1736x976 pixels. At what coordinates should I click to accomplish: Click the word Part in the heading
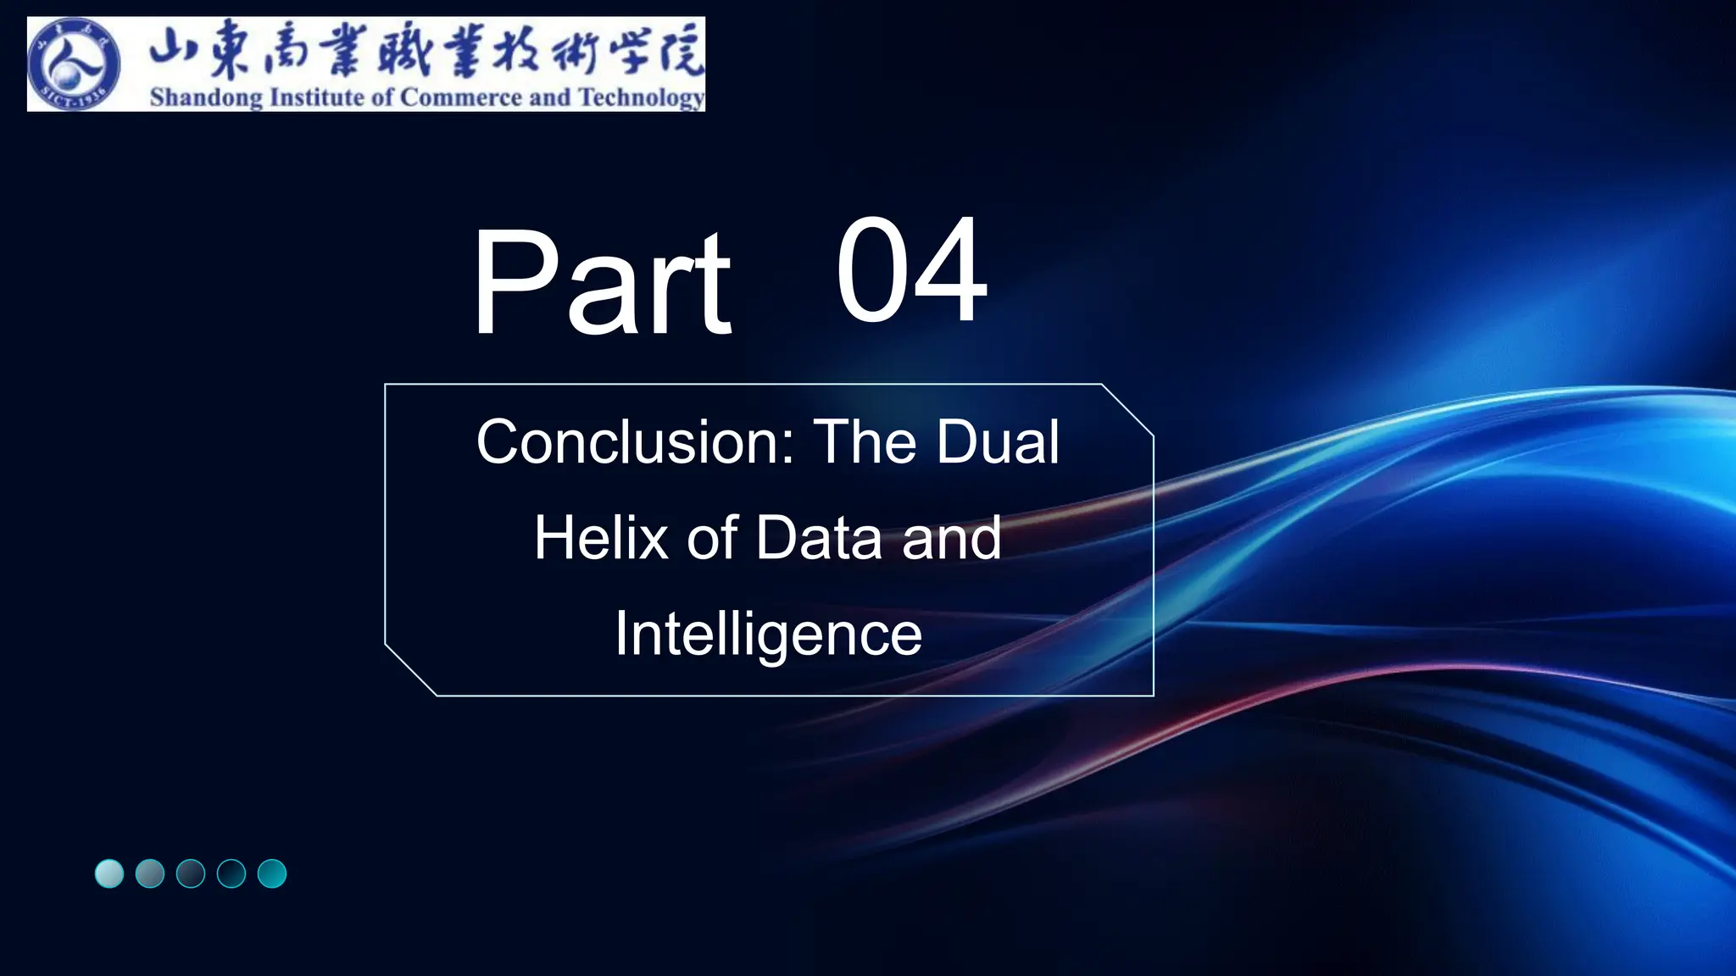tap(601, 283)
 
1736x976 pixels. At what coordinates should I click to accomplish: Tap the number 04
tap(911, 270)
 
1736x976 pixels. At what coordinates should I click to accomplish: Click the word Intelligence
tap(768, 634)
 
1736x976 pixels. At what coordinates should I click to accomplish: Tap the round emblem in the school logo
tap(73, 64)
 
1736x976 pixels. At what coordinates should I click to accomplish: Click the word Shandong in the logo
tap(206, 97)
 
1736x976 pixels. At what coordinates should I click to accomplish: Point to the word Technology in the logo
tap(641, 98)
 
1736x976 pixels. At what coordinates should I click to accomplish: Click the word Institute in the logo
tap(316, 97)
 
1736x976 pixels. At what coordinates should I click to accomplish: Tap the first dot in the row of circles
tap(109, 873)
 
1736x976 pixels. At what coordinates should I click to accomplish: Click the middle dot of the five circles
tap(191, 873)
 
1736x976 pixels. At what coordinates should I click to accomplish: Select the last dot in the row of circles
tap(272, 873)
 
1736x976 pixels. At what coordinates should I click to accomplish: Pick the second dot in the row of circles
tap(150, 873)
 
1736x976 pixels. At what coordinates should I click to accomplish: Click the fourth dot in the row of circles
tap(231, 873)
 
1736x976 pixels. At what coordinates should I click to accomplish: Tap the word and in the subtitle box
tap(951, 538)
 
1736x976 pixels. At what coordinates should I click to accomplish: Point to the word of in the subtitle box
tap(712, 538)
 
